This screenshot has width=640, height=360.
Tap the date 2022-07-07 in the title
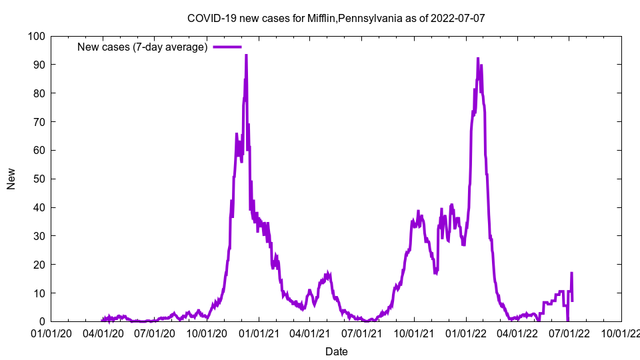point(458,18)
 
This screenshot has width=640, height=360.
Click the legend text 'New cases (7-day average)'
point(143,47)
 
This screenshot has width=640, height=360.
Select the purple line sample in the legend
point(227,47)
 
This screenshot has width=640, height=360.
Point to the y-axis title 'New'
point(11,179)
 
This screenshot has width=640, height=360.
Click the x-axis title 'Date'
point(336,351)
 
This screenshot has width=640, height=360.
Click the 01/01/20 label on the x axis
point(51,332)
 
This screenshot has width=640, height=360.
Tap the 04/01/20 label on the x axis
point(103,332)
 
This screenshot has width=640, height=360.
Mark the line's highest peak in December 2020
point(246,55)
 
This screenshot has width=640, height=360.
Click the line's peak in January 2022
point(478,59)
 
